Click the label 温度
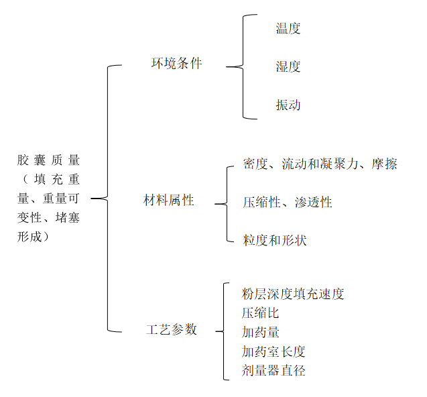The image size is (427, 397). (288, 28)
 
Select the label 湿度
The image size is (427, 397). (288, 66)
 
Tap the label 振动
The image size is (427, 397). (288, 105)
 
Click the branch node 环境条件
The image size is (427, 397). (176, 64)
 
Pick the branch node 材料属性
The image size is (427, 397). (169, 201)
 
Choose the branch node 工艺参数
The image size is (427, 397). (172, 329)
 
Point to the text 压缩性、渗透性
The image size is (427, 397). (287, 202)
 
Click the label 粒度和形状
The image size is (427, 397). (274, 240)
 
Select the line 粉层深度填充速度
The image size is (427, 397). (293, 294)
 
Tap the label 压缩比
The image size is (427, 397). (260, 313)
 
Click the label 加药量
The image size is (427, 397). (261, 332)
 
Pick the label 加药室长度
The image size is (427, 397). (273, 351)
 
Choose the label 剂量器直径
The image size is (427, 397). (273, 370)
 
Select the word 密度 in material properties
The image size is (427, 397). (255, 164)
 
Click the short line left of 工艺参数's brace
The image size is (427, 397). (208, 331)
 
